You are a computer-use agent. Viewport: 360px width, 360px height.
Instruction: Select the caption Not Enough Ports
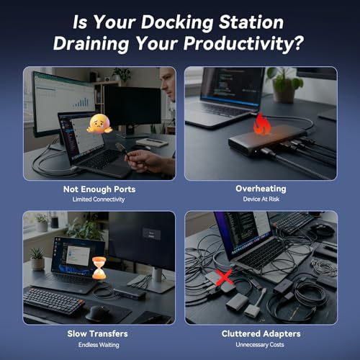[x=98, y=189]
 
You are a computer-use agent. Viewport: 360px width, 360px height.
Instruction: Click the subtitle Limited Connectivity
[x=98, y=199]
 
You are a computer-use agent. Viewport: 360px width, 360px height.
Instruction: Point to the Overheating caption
[x=261, y=189]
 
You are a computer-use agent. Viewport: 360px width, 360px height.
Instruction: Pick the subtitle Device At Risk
[x=261, y=199]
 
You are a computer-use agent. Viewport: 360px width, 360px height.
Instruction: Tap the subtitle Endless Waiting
[x=98, y=343]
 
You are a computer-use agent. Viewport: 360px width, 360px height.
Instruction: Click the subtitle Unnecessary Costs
[x=261, y=343]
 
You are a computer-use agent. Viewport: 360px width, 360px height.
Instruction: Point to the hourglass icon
[x=99, y=269]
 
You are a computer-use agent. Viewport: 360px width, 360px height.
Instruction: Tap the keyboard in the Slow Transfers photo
[x=54, y=300]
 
